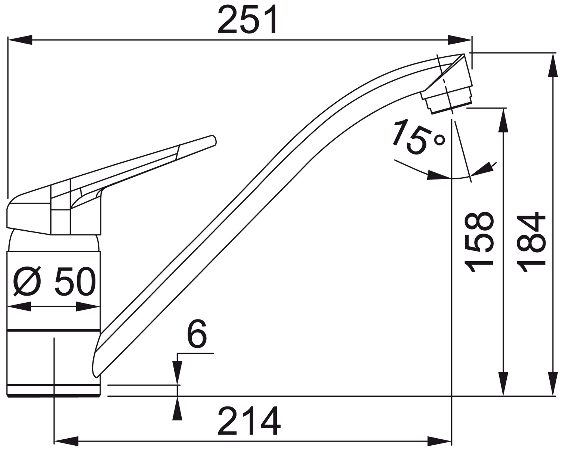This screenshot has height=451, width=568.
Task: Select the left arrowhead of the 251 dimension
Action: (x=20, y=40)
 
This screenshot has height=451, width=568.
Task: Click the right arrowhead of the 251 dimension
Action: (x=460, y=40)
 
